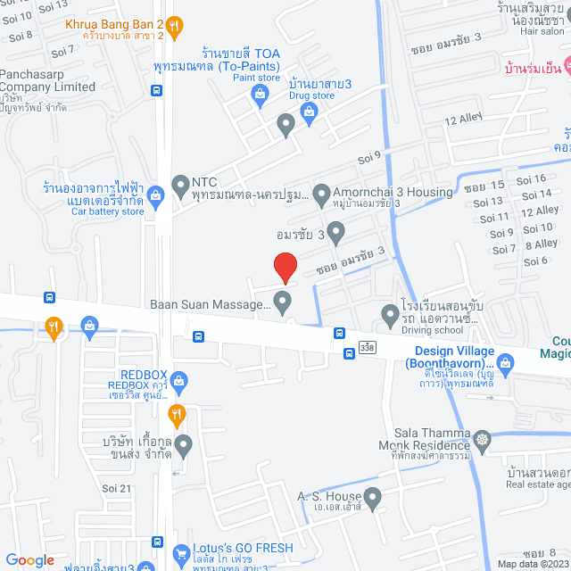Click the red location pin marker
(x=285, y=267)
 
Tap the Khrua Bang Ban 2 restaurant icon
(x=176, y=27)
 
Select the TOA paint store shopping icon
(x=261, y=99)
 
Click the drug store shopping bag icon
(x=309, y=111)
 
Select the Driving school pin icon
(x=390, y=314)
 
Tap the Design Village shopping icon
(x=506, y=362)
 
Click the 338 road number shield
(x=368, y=344)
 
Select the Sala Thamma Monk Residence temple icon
(x=483, y=439)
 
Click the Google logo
(x=29, y=559)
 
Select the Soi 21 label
(x=116, y=488)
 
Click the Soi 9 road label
(x=369, y=154)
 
